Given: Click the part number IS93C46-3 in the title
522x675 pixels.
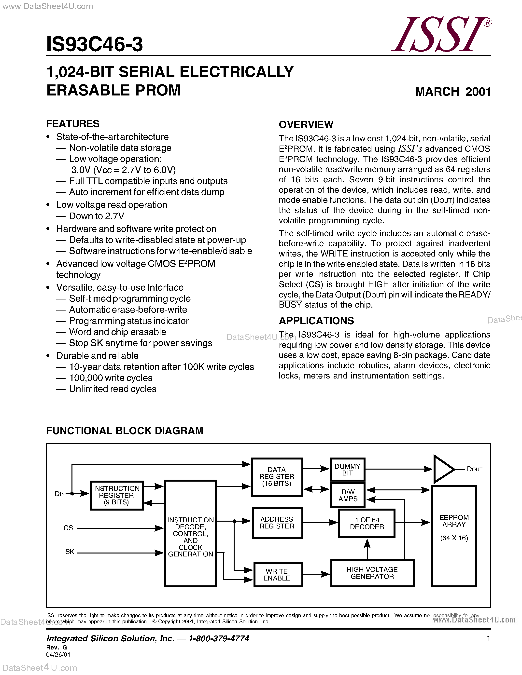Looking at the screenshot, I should pos(94,44).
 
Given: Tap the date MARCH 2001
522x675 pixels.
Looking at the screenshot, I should pos(453,92).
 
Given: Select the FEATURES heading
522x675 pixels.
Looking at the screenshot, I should pos(73,124).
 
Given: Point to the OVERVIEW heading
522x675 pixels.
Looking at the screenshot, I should pos(306,124).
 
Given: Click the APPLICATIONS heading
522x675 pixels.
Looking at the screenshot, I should pos(316,321).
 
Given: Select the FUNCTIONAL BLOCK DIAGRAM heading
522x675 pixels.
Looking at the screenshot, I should pos(125,431).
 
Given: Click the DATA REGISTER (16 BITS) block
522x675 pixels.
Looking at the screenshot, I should pos(277,477).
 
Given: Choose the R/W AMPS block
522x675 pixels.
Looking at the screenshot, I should pos(348,495).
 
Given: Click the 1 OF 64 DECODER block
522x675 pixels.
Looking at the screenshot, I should pos(367,523).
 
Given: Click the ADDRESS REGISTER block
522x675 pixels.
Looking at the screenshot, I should pos(277,523).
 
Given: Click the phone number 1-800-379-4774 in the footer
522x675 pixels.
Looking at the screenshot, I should pos(219,638).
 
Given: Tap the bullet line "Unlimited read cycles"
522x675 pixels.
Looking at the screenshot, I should pos(113,389).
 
